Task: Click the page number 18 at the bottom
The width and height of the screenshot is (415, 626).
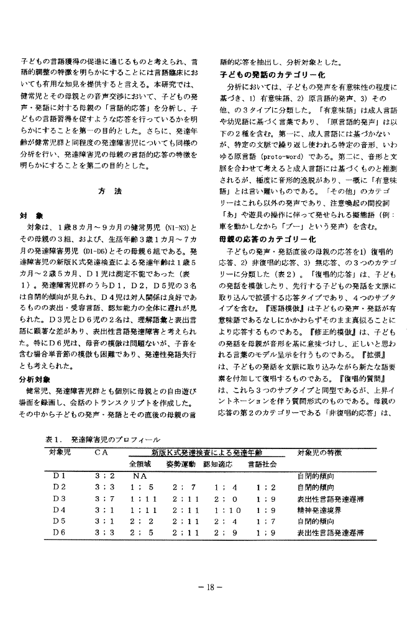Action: click(x=207, y=586)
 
